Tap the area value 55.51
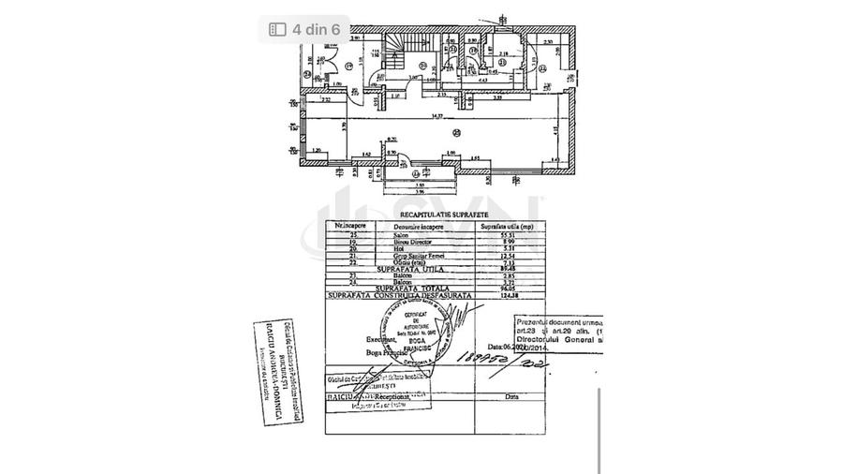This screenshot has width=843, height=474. click(491, 233)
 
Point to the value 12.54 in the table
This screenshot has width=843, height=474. click(492, 255)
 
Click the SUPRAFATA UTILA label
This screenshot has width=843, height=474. click(408, 269)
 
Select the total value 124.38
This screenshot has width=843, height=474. click(492, 296)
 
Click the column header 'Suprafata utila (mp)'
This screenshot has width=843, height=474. click(508, 226)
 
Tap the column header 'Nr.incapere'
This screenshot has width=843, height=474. click(348, 226)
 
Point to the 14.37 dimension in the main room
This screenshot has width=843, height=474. click(432, 117)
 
